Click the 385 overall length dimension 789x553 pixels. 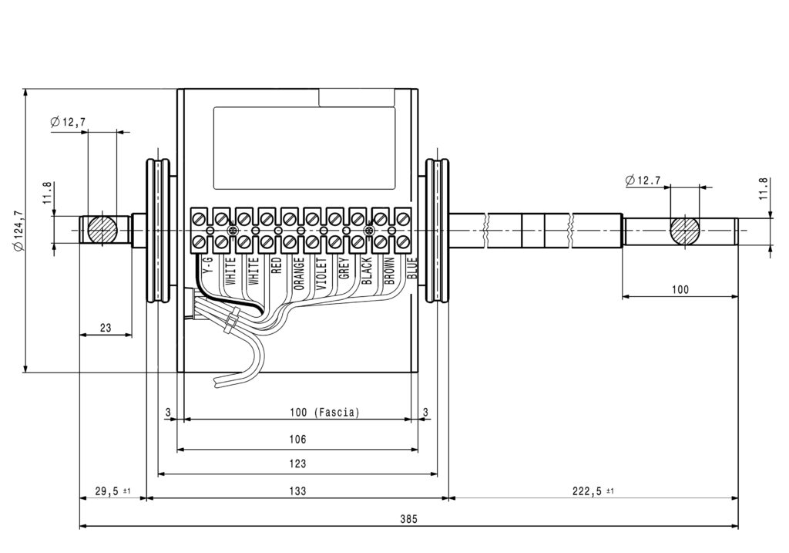pyautogui.click(x=408, y=518)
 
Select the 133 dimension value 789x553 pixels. pyautogui.click(x=297, y=491)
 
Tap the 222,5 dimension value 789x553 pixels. pyautogui.click(x=586, y=491)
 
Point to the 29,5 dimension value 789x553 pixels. pyautogui.click(x=106, y=491)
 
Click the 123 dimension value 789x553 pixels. pyautogui.click(x=297, y=464)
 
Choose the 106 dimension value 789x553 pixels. pyautogui.click(x=297, y=439)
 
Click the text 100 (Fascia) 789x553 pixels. pyautogui.click(x=324, y=413)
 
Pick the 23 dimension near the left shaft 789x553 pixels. pyautogui.click(x=105, y=328)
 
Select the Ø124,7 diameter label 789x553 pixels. pyautogui.click(x=18, y=230)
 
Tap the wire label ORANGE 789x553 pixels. pyautogui.click(x=299, y=274)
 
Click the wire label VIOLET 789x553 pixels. pyautogui.click(x=321, y=274)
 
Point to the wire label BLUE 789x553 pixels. pyautogui.click(x=412, y=268)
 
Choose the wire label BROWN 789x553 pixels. pyautogui.click(x=389, y=271)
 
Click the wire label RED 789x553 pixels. pyautogui.click(x=277, y=265)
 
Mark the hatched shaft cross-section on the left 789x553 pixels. pyautogui.click(x=102, y=230)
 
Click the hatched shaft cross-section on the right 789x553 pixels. pyautogui.click(x=684, y=230)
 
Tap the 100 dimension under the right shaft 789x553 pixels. pyautogui.click(x=680, y=289)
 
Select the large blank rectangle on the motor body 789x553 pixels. pyautogui.click(x=304, y=148)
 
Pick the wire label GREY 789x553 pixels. pyautogui.click(x=344, y=268)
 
